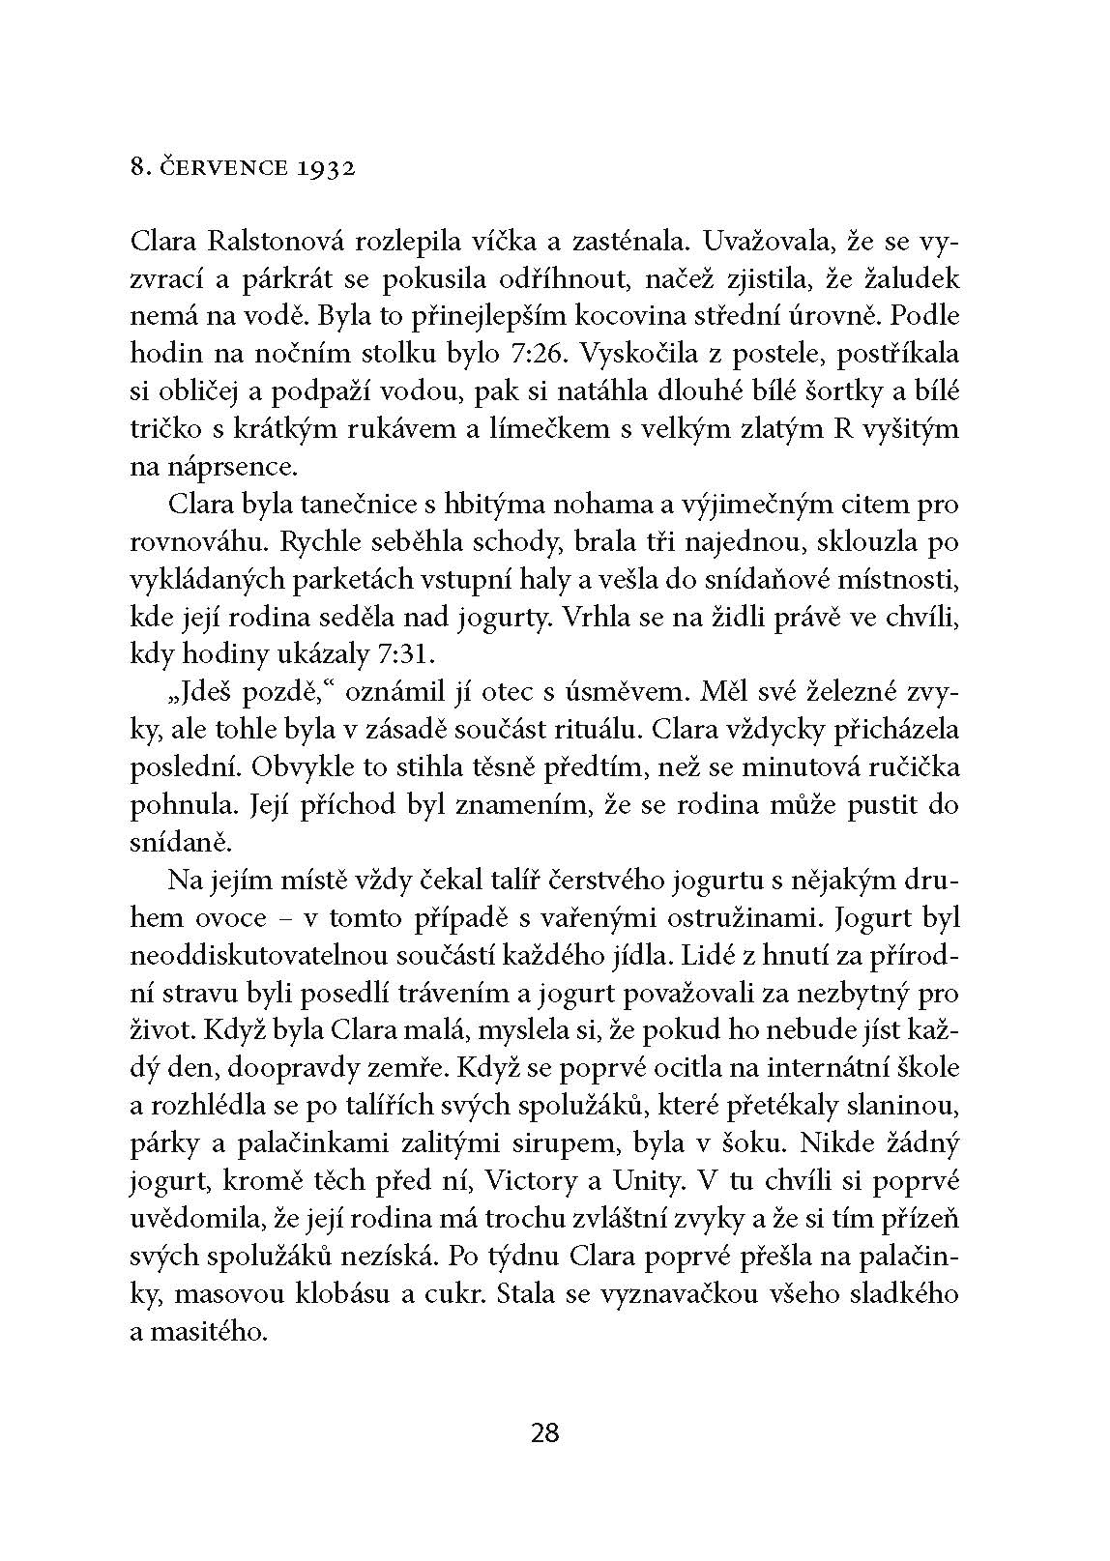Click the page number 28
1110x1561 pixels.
[545, 1431]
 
